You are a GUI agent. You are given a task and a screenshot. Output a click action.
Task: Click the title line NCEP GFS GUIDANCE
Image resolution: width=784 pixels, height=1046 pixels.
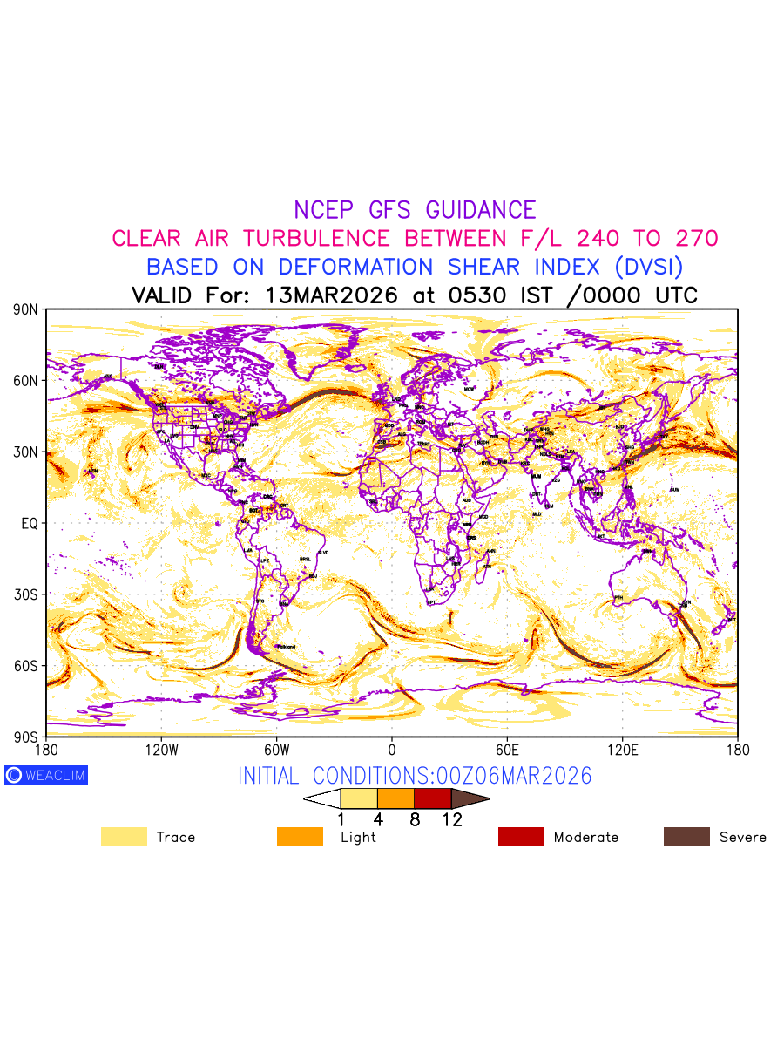tap(415, 210)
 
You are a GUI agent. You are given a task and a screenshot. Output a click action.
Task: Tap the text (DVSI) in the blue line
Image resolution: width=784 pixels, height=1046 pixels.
tap(646, 267)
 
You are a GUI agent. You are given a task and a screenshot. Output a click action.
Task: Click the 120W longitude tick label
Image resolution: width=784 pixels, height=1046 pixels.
tap(161, 750)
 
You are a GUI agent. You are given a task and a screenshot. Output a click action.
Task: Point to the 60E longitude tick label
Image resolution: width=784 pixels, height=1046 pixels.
tap(507, 750)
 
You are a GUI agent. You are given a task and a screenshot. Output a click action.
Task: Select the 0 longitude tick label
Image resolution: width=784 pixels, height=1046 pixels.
tap(392, 750)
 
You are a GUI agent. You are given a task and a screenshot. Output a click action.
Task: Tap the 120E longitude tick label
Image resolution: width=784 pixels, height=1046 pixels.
tap(622, 750)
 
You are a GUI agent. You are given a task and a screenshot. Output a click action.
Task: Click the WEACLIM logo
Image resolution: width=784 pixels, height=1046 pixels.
tap(46, 775)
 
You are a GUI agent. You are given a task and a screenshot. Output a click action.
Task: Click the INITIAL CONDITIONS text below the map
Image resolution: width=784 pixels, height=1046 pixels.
tap(415, 776)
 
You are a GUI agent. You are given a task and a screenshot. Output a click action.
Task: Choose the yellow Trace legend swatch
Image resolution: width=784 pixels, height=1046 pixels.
tap(124, 837)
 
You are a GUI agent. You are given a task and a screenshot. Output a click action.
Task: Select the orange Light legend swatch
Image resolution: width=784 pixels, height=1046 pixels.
tap(300, 837)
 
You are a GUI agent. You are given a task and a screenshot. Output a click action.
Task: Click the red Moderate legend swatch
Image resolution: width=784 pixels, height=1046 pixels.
tap(521, 837)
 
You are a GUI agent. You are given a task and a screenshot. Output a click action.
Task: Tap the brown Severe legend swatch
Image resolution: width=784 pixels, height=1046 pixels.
tap(686, 837)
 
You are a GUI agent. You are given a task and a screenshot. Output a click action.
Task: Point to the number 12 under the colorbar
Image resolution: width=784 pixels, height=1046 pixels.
tap(451, 819)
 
